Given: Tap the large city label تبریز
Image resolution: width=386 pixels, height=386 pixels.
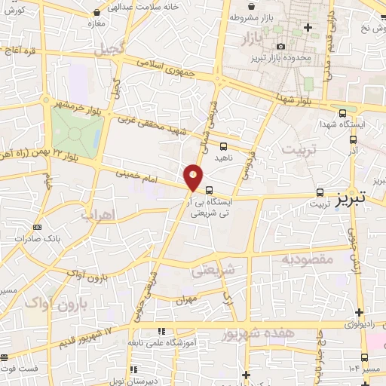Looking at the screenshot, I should pyautogui.click(x=351, y=198).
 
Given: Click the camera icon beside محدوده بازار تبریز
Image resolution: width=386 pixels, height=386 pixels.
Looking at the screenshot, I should pyautogui.click(x=281, y=47).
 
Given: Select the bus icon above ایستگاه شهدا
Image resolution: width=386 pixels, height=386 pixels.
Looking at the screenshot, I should pyautogui.click(x=343, y=111).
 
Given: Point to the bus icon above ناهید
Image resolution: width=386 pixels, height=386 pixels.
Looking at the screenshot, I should pyautogui.click(x=223, y=147).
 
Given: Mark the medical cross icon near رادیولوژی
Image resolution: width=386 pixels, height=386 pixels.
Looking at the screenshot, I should pyautogui.click(x=360, y=311).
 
